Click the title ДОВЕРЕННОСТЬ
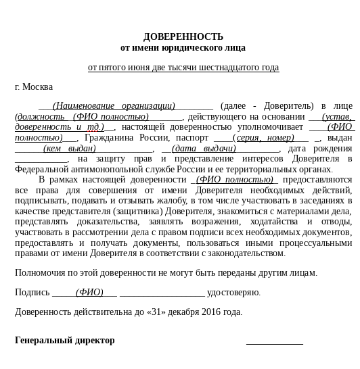(x=183, y=36)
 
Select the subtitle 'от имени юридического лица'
(x=183, y=48)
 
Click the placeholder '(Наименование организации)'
(x=114, y=106)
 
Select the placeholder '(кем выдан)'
(x=69, y=149)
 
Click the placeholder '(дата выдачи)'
(x=204, y=149)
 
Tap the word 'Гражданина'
(x=110, y=138)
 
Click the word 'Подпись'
(x=32, y=293)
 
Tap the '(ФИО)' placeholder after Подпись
(x=89, y=293)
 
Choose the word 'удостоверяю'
(x=233, y=293)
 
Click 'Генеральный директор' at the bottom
(x=65, y=341)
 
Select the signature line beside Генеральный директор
(x=274, y=343)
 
